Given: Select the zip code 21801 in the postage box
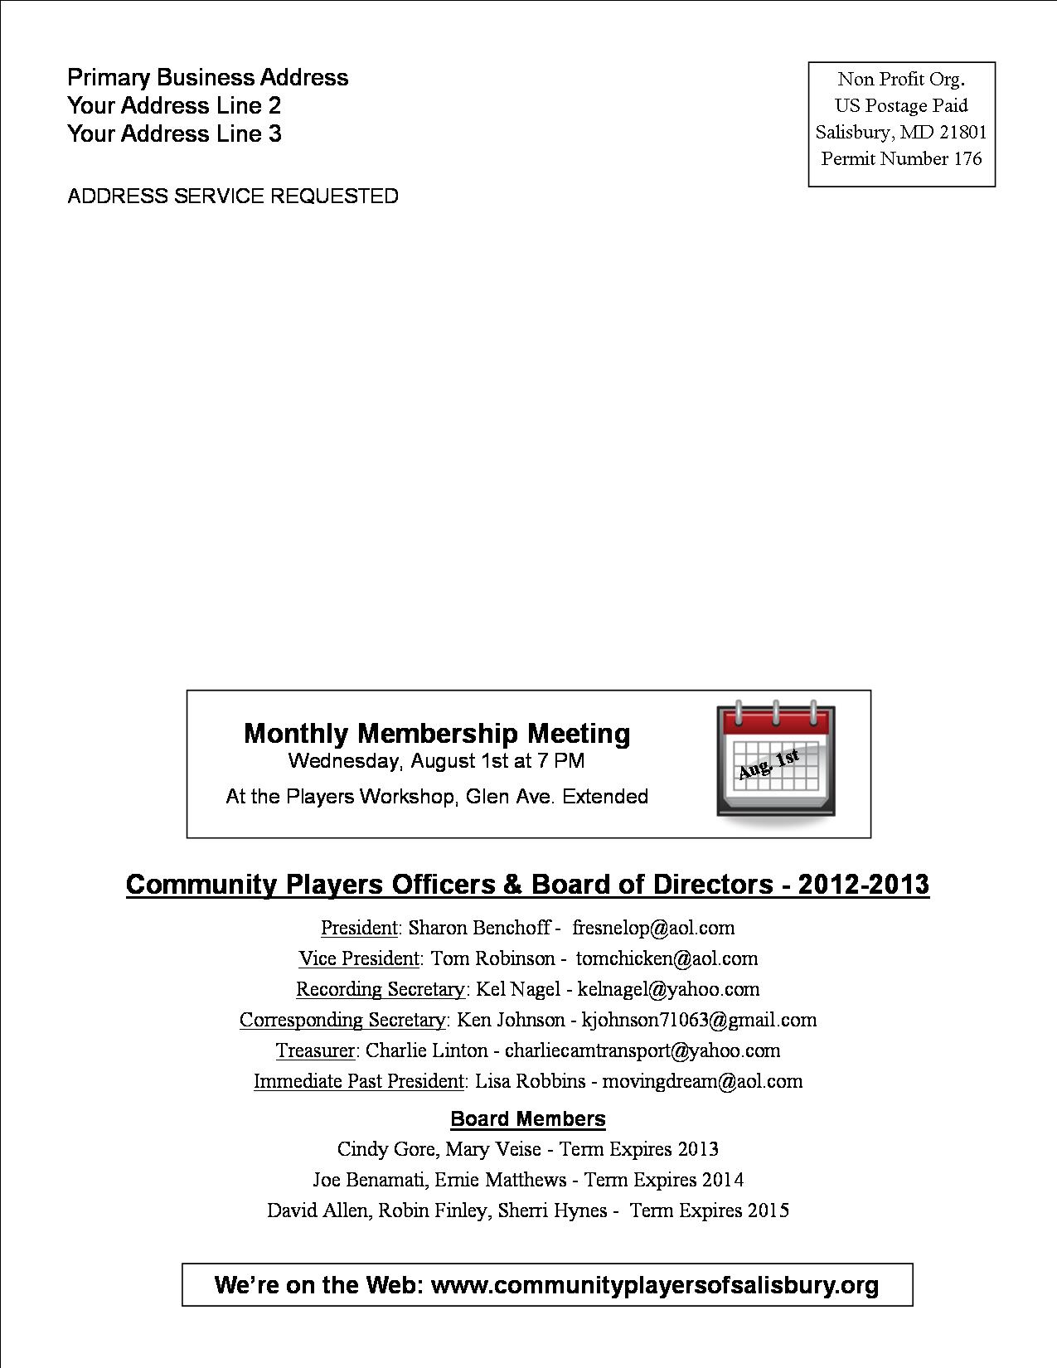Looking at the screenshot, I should coord(963,132).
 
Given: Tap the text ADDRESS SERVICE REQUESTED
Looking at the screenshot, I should coord(233,196).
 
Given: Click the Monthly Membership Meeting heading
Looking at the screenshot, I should coord(437,734).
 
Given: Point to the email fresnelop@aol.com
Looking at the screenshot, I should coord(653,928).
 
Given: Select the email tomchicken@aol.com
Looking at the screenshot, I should coord(667,958).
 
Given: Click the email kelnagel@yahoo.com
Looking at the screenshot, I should coord(668,989).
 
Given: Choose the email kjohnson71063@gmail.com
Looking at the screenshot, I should coord(699,1020).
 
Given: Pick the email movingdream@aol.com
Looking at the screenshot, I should coord(702,1081).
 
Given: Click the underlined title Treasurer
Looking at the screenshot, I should coord(315,1050).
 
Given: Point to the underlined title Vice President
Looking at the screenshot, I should coord(359,958).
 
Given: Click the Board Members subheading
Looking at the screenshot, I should coord(528,1119).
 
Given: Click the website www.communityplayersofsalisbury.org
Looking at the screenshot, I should coord(655,1285).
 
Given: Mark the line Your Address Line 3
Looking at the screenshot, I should coord(174,134).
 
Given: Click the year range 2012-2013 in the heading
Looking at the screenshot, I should coord(863,885).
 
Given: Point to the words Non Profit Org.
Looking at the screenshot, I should coord(900,80).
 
